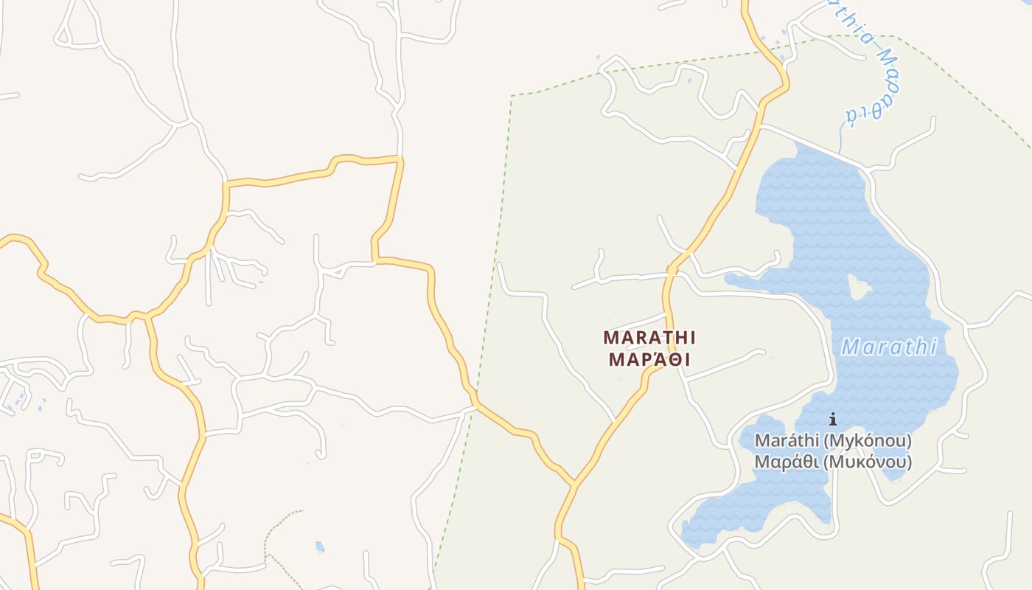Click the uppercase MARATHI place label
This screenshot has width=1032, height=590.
point(649,338)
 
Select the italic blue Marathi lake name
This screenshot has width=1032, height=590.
point(889,347)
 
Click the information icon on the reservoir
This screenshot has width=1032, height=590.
point(833,420)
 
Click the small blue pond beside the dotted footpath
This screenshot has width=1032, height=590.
point(320,547)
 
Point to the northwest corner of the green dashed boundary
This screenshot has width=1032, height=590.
point(512,96)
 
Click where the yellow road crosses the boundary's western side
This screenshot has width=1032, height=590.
point(475,404)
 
